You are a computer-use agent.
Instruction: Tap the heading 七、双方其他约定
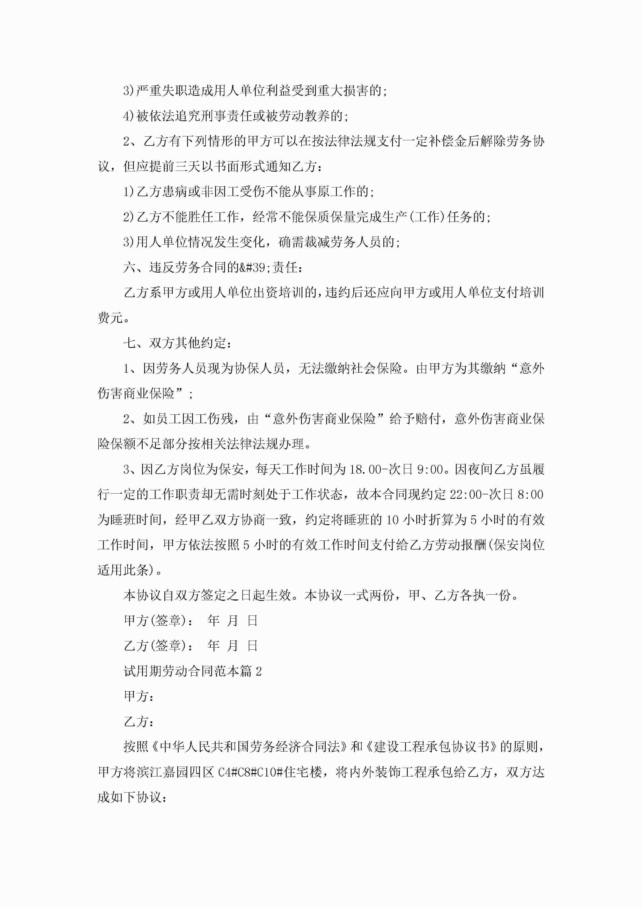coord(177,343)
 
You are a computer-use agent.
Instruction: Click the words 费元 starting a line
coord(110,318)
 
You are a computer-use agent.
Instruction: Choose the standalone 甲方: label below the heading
coord(138,697)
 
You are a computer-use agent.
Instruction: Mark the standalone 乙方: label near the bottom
coord(138,722)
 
